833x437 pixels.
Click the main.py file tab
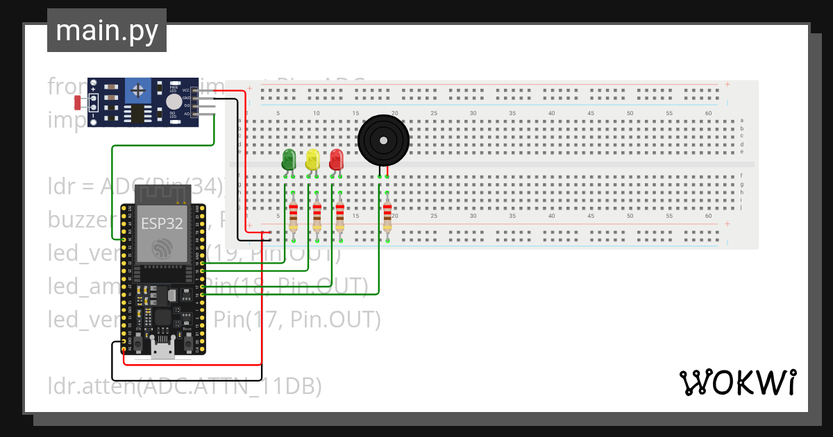106,31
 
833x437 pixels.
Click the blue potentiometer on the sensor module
139,90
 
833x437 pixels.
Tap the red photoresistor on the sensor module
78,103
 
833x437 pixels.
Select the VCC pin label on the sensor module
185,90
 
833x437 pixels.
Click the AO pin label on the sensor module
186,113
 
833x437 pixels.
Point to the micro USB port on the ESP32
163,350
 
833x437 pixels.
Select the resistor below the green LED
293,216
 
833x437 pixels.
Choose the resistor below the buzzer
387,216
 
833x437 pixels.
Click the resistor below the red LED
339,216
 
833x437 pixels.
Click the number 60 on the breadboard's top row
708,113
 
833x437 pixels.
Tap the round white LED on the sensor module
173,102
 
